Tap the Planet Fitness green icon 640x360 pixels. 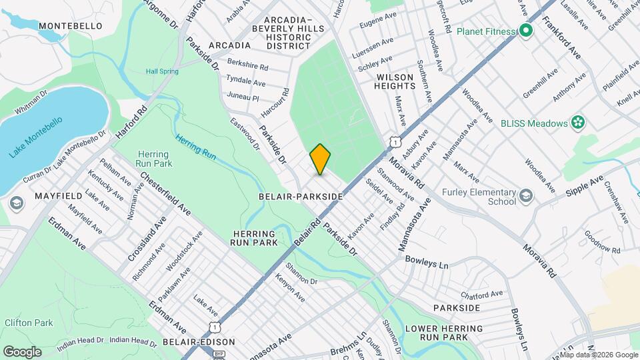click(525, 31)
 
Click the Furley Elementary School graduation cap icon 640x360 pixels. click(526, 195)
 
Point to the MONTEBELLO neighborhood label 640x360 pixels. click(70, 26)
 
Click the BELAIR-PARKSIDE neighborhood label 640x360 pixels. click(301, 197)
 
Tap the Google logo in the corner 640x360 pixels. click(22, 351)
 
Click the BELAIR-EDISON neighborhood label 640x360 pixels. click(199, 342)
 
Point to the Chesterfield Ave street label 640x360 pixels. click(165, 193)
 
